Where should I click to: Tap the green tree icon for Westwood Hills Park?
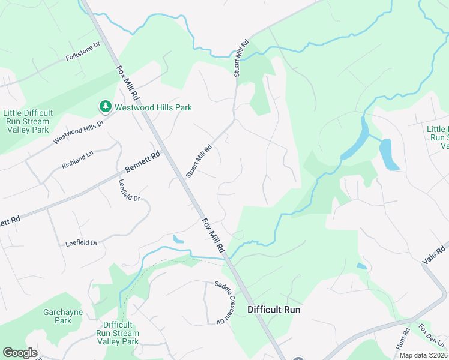click(x=105, y=107)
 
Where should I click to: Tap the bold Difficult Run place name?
click(x=274, y=310)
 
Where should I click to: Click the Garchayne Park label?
click(x=58, y=316)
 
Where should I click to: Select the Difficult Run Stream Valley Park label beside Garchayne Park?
click(x=118, y=333)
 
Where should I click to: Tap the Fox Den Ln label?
click(x=432, y=336)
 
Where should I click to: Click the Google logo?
click(x=20, y=353)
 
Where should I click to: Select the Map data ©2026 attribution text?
click(x=423, y=355)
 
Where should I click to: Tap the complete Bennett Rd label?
click(x=143, y=163)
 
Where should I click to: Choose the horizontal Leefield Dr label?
click(x=81, y=243)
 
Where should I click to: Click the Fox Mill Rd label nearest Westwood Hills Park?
click(x=128, y=83)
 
